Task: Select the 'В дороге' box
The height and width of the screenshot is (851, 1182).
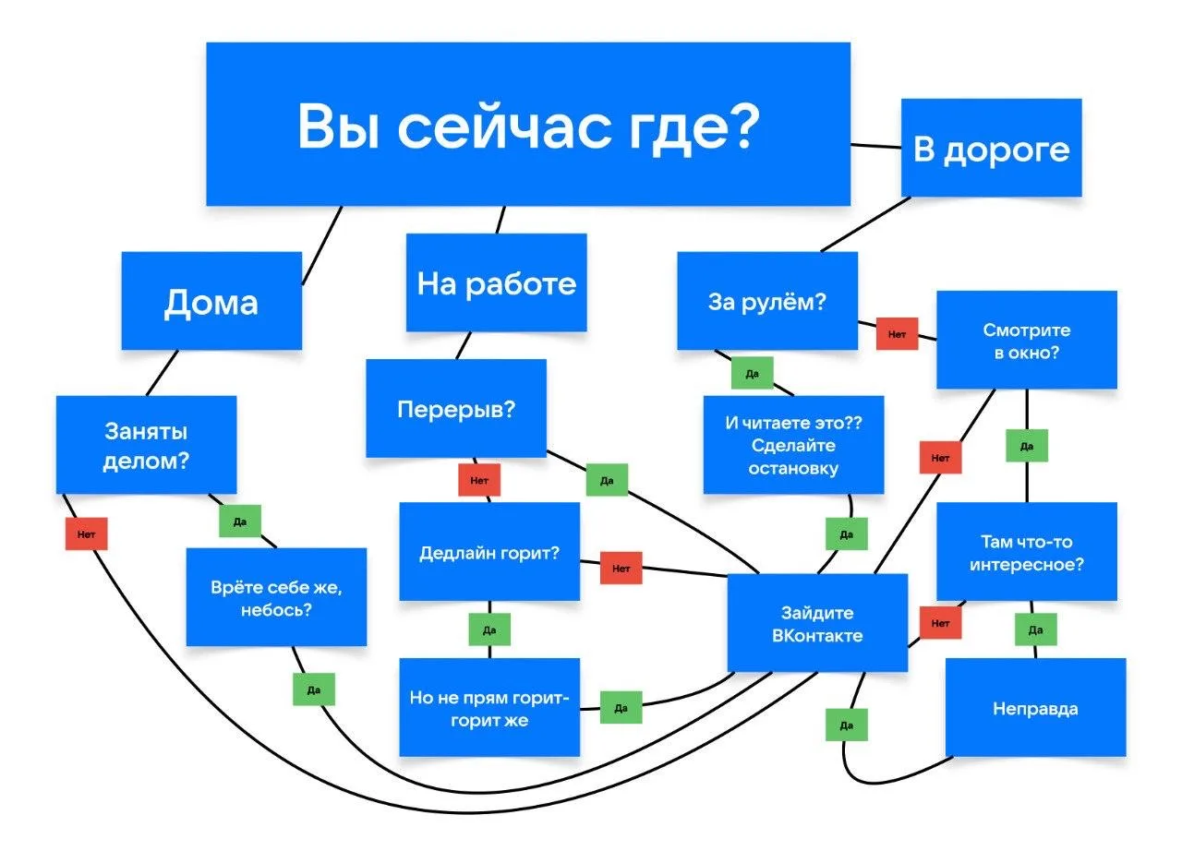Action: tap(991, 148)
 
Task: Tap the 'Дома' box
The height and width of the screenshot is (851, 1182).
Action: tap(211, 301)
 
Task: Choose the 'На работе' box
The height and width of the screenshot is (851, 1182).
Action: tap(496, 282)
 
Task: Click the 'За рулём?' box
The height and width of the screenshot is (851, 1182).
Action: tap(766, 301)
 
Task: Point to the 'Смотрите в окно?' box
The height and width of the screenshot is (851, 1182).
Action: tap(1026, 340)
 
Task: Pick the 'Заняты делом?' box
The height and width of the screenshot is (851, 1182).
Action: tap(146, 445)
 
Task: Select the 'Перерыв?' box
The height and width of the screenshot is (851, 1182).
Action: tap(455, 408)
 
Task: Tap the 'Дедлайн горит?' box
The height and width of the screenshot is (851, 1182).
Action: tap(489, 552)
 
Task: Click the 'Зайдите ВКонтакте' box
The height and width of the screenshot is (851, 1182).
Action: tap(817, 623)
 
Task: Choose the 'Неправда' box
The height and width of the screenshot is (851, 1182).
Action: tap(1035, 708)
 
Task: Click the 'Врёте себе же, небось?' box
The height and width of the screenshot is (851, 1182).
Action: tap(276, 597)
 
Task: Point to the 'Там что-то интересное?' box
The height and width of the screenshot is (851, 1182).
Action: tap(1026, 552)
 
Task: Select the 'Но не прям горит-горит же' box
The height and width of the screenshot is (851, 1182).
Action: tap(489, 708)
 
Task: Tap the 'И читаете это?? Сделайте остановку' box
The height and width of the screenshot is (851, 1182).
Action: tap(793, 445)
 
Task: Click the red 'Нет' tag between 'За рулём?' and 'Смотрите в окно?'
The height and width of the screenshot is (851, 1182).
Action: tap(897, 333)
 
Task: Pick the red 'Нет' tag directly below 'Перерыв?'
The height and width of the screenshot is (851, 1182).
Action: tap(479, 480)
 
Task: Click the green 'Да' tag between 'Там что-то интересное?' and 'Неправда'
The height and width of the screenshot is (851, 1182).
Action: tap(1035, 629)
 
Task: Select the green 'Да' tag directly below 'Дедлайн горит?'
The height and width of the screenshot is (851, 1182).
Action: tap(489, 629)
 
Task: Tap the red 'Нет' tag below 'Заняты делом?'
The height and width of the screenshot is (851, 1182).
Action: tap(86, 533)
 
